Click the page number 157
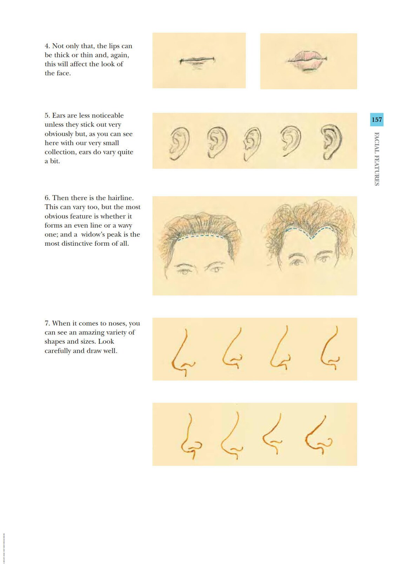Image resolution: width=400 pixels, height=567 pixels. click(x=376, y=120)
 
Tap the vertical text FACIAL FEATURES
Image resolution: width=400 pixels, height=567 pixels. click(x=376, y=159)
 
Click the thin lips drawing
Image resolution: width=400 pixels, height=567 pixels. click(x=197, y=61)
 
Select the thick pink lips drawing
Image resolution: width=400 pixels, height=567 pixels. click(x=307, y=60)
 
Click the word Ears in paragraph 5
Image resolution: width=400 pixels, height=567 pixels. click(x=60, y=116)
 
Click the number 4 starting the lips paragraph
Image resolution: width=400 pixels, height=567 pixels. click(x=47, y=46)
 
